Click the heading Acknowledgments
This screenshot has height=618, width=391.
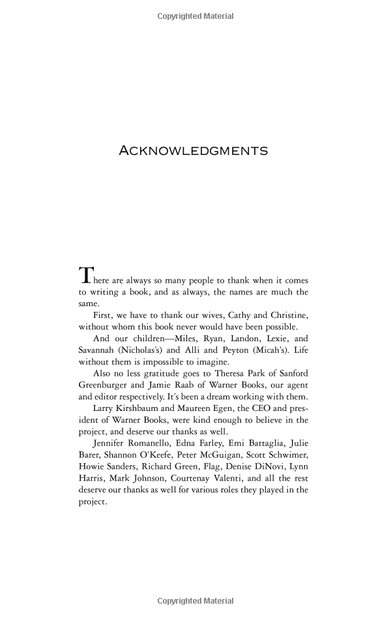(193, 150)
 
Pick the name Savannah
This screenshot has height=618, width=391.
(98, 350)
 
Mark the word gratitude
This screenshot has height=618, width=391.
(170, 373)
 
